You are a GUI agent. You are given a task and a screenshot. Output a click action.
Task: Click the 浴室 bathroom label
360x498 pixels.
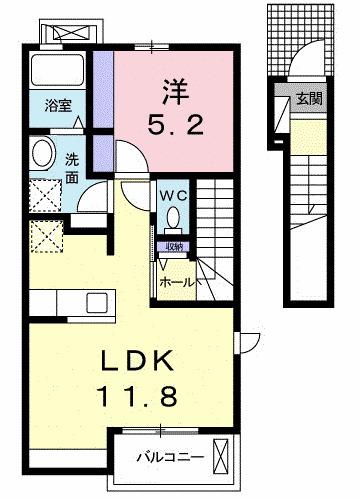tap(57, 104)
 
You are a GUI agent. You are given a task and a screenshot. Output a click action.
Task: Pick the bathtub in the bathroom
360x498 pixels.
tap(59, 72)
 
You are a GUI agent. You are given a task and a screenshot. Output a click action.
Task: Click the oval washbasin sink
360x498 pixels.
tap(43, 153)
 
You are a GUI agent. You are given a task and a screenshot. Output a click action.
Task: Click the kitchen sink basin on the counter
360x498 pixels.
tap(98, 300)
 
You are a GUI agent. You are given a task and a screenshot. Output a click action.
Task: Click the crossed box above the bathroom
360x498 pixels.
tap(69, 30)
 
